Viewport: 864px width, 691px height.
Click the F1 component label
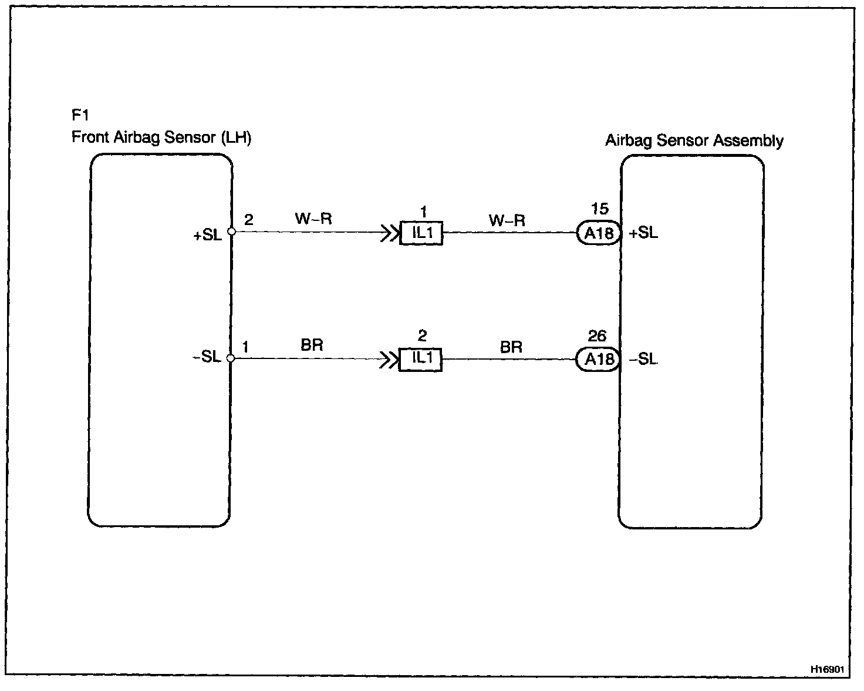point(80,116)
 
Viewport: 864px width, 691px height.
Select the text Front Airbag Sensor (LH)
point(161,137)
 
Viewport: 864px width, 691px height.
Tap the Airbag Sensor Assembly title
point(694,141)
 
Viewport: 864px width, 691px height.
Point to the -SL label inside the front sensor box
point(207,357)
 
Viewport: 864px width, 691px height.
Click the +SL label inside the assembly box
point(643,233)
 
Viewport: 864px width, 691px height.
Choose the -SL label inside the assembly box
point(643,359)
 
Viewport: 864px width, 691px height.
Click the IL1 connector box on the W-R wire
point(421,233)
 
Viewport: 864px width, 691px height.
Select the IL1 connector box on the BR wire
point(421,359)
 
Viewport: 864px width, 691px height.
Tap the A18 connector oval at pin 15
point(599,233)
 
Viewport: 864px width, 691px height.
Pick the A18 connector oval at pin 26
point(599,359)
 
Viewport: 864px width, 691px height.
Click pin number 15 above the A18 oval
point(600,209)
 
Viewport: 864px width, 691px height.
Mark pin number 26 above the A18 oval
point(597,336)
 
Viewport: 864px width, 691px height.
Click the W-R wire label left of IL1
point(313,219)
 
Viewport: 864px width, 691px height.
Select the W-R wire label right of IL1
point(507,221)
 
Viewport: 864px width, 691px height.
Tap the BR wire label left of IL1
point(312,345)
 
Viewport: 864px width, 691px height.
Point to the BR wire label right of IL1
point(511,347)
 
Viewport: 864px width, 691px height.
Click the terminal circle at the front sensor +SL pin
point(231,232)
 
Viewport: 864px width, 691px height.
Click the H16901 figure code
point(827,669)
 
